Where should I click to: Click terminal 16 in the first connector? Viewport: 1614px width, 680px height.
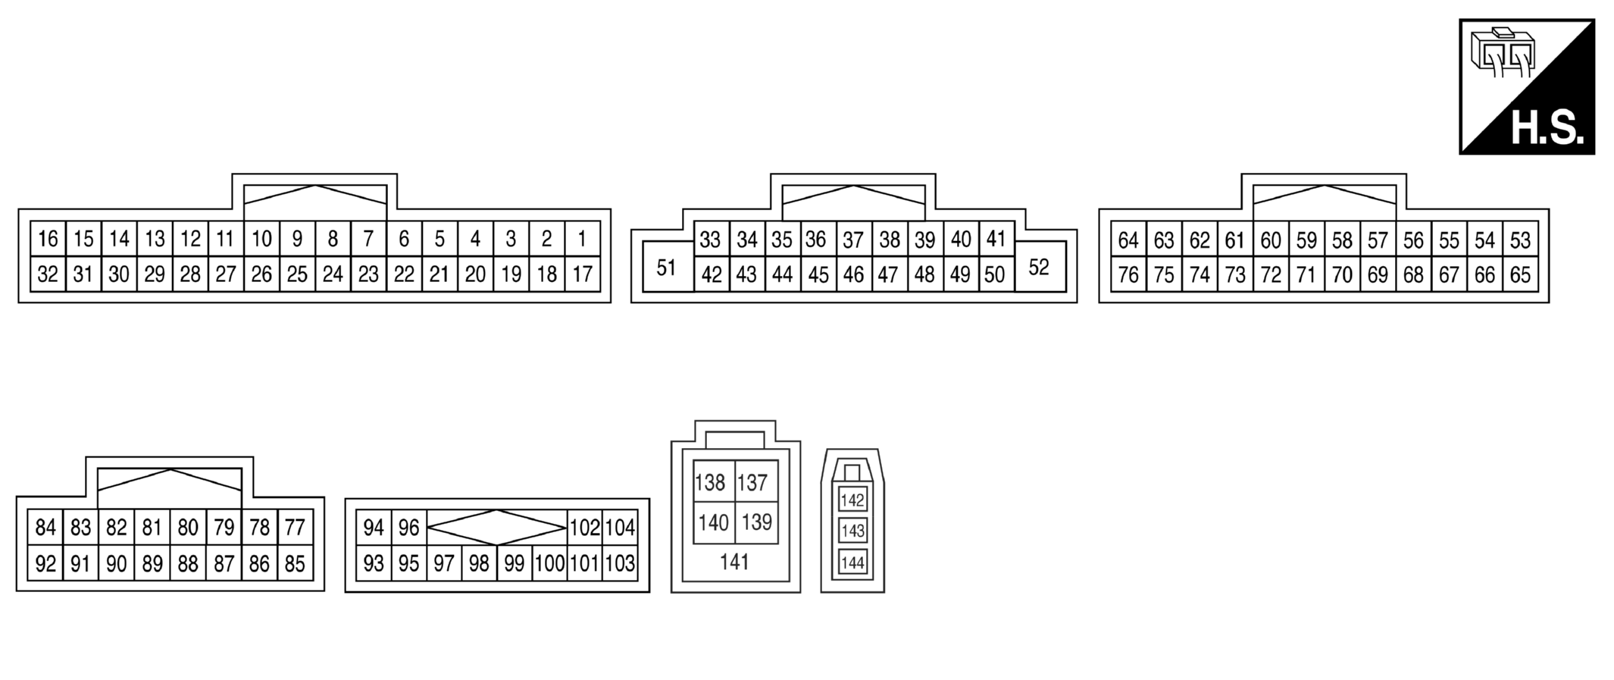click(x=48, y=239)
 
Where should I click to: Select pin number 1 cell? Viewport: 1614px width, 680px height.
click(x=582, y=239)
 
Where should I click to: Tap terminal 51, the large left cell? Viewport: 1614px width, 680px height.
click(x=666, y=268)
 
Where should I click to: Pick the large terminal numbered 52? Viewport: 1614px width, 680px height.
click(x=1039, y=267)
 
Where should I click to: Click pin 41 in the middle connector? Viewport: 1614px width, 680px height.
click(x=996, y=239)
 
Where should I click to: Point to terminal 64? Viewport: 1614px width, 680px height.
click(x=1128, y=240)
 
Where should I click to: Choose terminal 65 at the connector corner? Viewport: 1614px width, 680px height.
click(x=1520, y=274)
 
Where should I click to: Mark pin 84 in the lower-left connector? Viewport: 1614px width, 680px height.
click(x=45, y=527)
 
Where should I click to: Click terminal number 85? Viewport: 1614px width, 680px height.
click(x=295, y=563)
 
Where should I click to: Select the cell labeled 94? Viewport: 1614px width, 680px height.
click(x=374, y=527)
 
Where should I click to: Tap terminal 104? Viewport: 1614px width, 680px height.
click(x=620, y=527)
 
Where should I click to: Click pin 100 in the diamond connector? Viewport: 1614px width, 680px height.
click(x=549, y=563)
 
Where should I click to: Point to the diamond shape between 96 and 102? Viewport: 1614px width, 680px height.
click(x=496, y=527)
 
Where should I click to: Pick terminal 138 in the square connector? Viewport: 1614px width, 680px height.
click(x=710, y=482)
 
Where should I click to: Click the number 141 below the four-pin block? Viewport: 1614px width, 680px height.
click(x=734, y=562)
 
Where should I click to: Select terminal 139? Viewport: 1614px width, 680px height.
click(x=756, y=522)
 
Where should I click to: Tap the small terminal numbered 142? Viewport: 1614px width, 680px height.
click(x=852, y=500)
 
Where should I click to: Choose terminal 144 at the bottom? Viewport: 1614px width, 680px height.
click(x=852, y=562)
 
